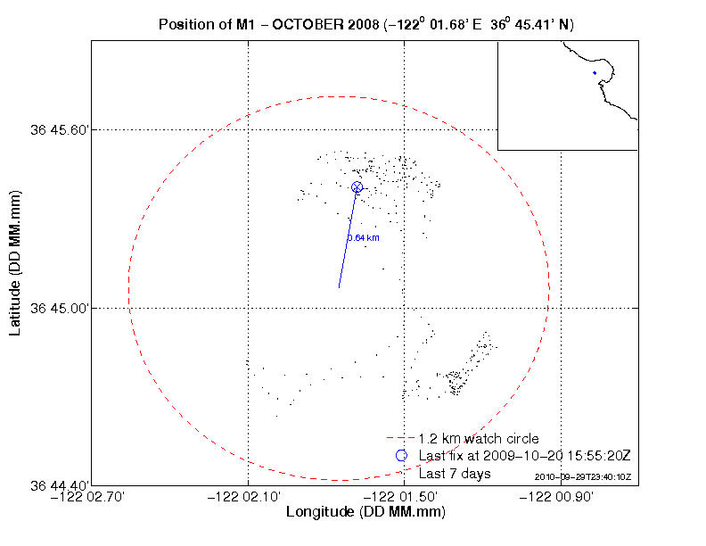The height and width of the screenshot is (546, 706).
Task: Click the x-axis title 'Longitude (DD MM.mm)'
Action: point(365,513)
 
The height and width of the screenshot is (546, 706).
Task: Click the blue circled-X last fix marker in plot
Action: point(357,186)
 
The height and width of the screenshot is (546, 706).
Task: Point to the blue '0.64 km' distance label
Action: point(364,238)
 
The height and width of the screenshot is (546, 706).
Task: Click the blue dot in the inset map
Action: point(594,74)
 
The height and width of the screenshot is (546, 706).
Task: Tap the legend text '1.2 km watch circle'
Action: point(479,438)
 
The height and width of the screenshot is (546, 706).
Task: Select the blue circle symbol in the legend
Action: point(401,456)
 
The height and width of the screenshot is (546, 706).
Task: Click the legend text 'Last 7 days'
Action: point(455,474)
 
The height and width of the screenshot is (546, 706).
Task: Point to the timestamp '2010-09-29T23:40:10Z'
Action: point(583,477)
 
